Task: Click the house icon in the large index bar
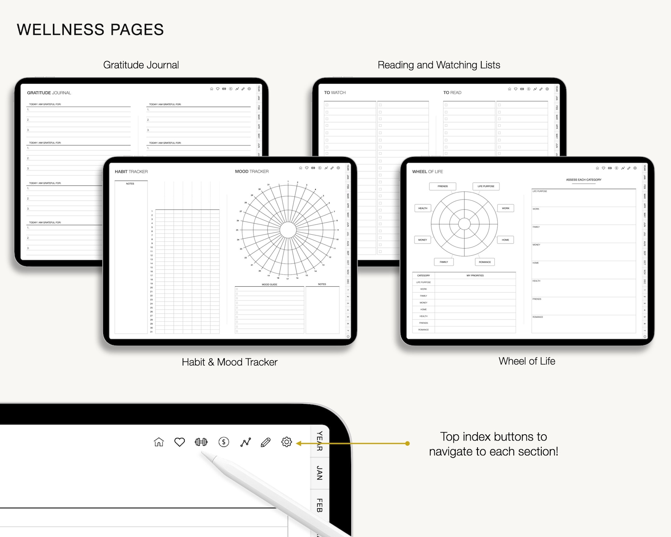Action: (159, 442)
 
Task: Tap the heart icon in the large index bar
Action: (180, 442)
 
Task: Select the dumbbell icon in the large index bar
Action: (201, 442)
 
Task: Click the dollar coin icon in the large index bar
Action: (224, 442)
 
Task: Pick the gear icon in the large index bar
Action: (286, 442)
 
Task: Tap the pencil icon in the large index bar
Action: (265, 442)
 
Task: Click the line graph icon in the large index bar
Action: (245, 442)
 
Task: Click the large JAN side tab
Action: (319, 473)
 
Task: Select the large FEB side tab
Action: (319, 505)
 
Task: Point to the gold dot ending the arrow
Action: (407, 444)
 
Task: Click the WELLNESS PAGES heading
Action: (90, 30)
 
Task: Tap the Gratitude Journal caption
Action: (141, 65)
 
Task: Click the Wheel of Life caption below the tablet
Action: (527, 361)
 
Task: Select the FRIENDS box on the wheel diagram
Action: (442, 186)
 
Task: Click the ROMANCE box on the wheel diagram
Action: (485, 262)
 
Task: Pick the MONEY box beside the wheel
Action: (423, 240)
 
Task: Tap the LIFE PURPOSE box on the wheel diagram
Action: (486, 186)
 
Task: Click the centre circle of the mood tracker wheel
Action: (288, 230)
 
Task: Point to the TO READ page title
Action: (452, 93)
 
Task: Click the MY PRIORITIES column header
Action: (475, 276)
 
